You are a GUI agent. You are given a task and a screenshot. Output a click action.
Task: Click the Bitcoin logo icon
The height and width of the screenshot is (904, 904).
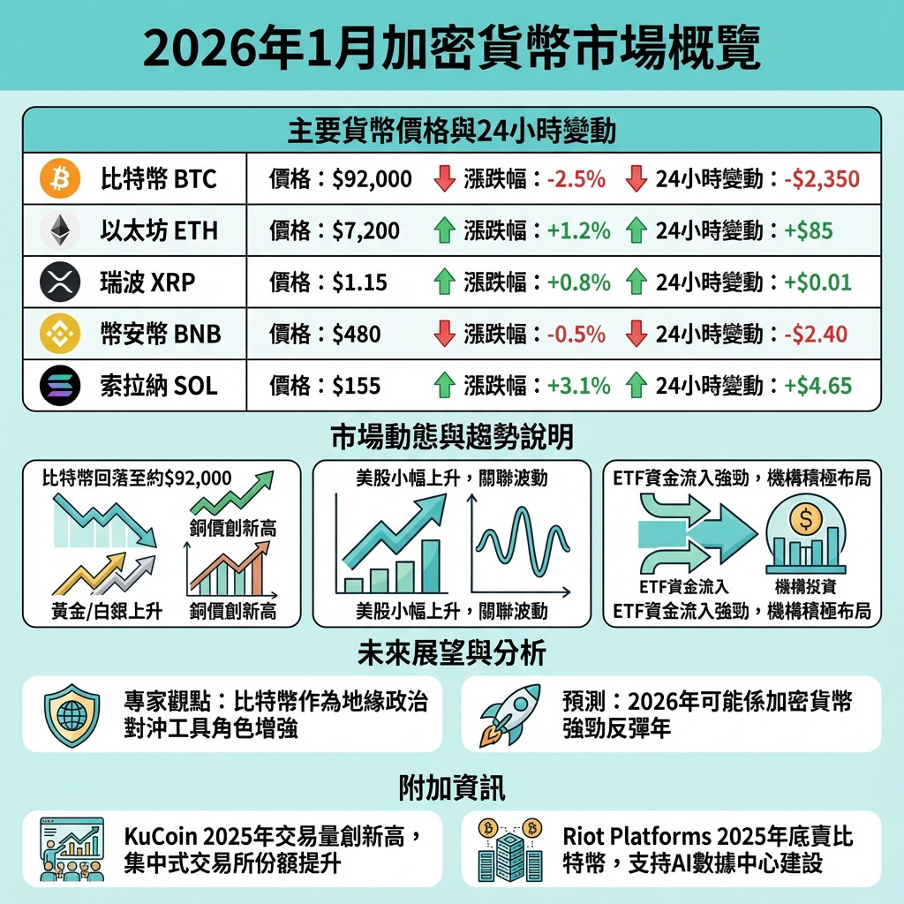[x=60, y=179]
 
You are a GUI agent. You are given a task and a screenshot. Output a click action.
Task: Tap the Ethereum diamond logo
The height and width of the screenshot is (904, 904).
[x=60, y=231]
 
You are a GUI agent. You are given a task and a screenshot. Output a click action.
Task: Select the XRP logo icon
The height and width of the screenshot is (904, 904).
[x=60, y=282]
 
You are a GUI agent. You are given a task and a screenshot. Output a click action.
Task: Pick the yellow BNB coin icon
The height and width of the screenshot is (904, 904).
[x=60, y=334]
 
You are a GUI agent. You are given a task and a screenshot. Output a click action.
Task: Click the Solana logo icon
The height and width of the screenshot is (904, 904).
[x=60, y=385]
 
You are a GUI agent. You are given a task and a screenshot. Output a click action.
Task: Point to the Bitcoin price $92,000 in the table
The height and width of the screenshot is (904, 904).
[x=372, y=179]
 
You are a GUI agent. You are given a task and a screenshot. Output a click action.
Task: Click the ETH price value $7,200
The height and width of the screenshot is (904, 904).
[x=365, y=231]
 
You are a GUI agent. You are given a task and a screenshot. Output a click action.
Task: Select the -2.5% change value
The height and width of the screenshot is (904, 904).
[x=576, y=179]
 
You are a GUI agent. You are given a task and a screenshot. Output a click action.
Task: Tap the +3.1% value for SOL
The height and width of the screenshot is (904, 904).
[x=578, y=386]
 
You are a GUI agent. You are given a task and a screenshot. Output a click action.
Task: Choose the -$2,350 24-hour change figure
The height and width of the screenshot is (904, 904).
[x=821, y=179]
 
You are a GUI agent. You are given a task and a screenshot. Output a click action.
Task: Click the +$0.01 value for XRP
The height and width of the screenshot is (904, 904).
[x=817, y=282]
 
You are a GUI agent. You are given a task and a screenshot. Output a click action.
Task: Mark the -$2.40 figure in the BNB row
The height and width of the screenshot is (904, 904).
[x=815, y=335]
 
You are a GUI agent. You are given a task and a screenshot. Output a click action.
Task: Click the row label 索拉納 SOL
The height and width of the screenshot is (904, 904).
[x=159, y=386]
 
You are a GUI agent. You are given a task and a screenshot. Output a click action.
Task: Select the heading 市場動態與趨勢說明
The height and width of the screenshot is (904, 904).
[x=451, y=436]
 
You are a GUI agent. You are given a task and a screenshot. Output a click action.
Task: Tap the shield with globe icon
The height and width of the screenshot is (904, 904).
[x=68, y=713]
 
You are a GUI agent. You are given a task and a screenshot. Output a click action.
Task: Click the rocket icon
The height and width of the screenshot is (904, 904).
[x=509, y=713]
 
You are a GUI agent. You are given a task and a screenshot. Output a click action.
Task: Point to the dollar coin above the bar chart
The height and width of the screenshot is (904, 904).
[x=804, y=519]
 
